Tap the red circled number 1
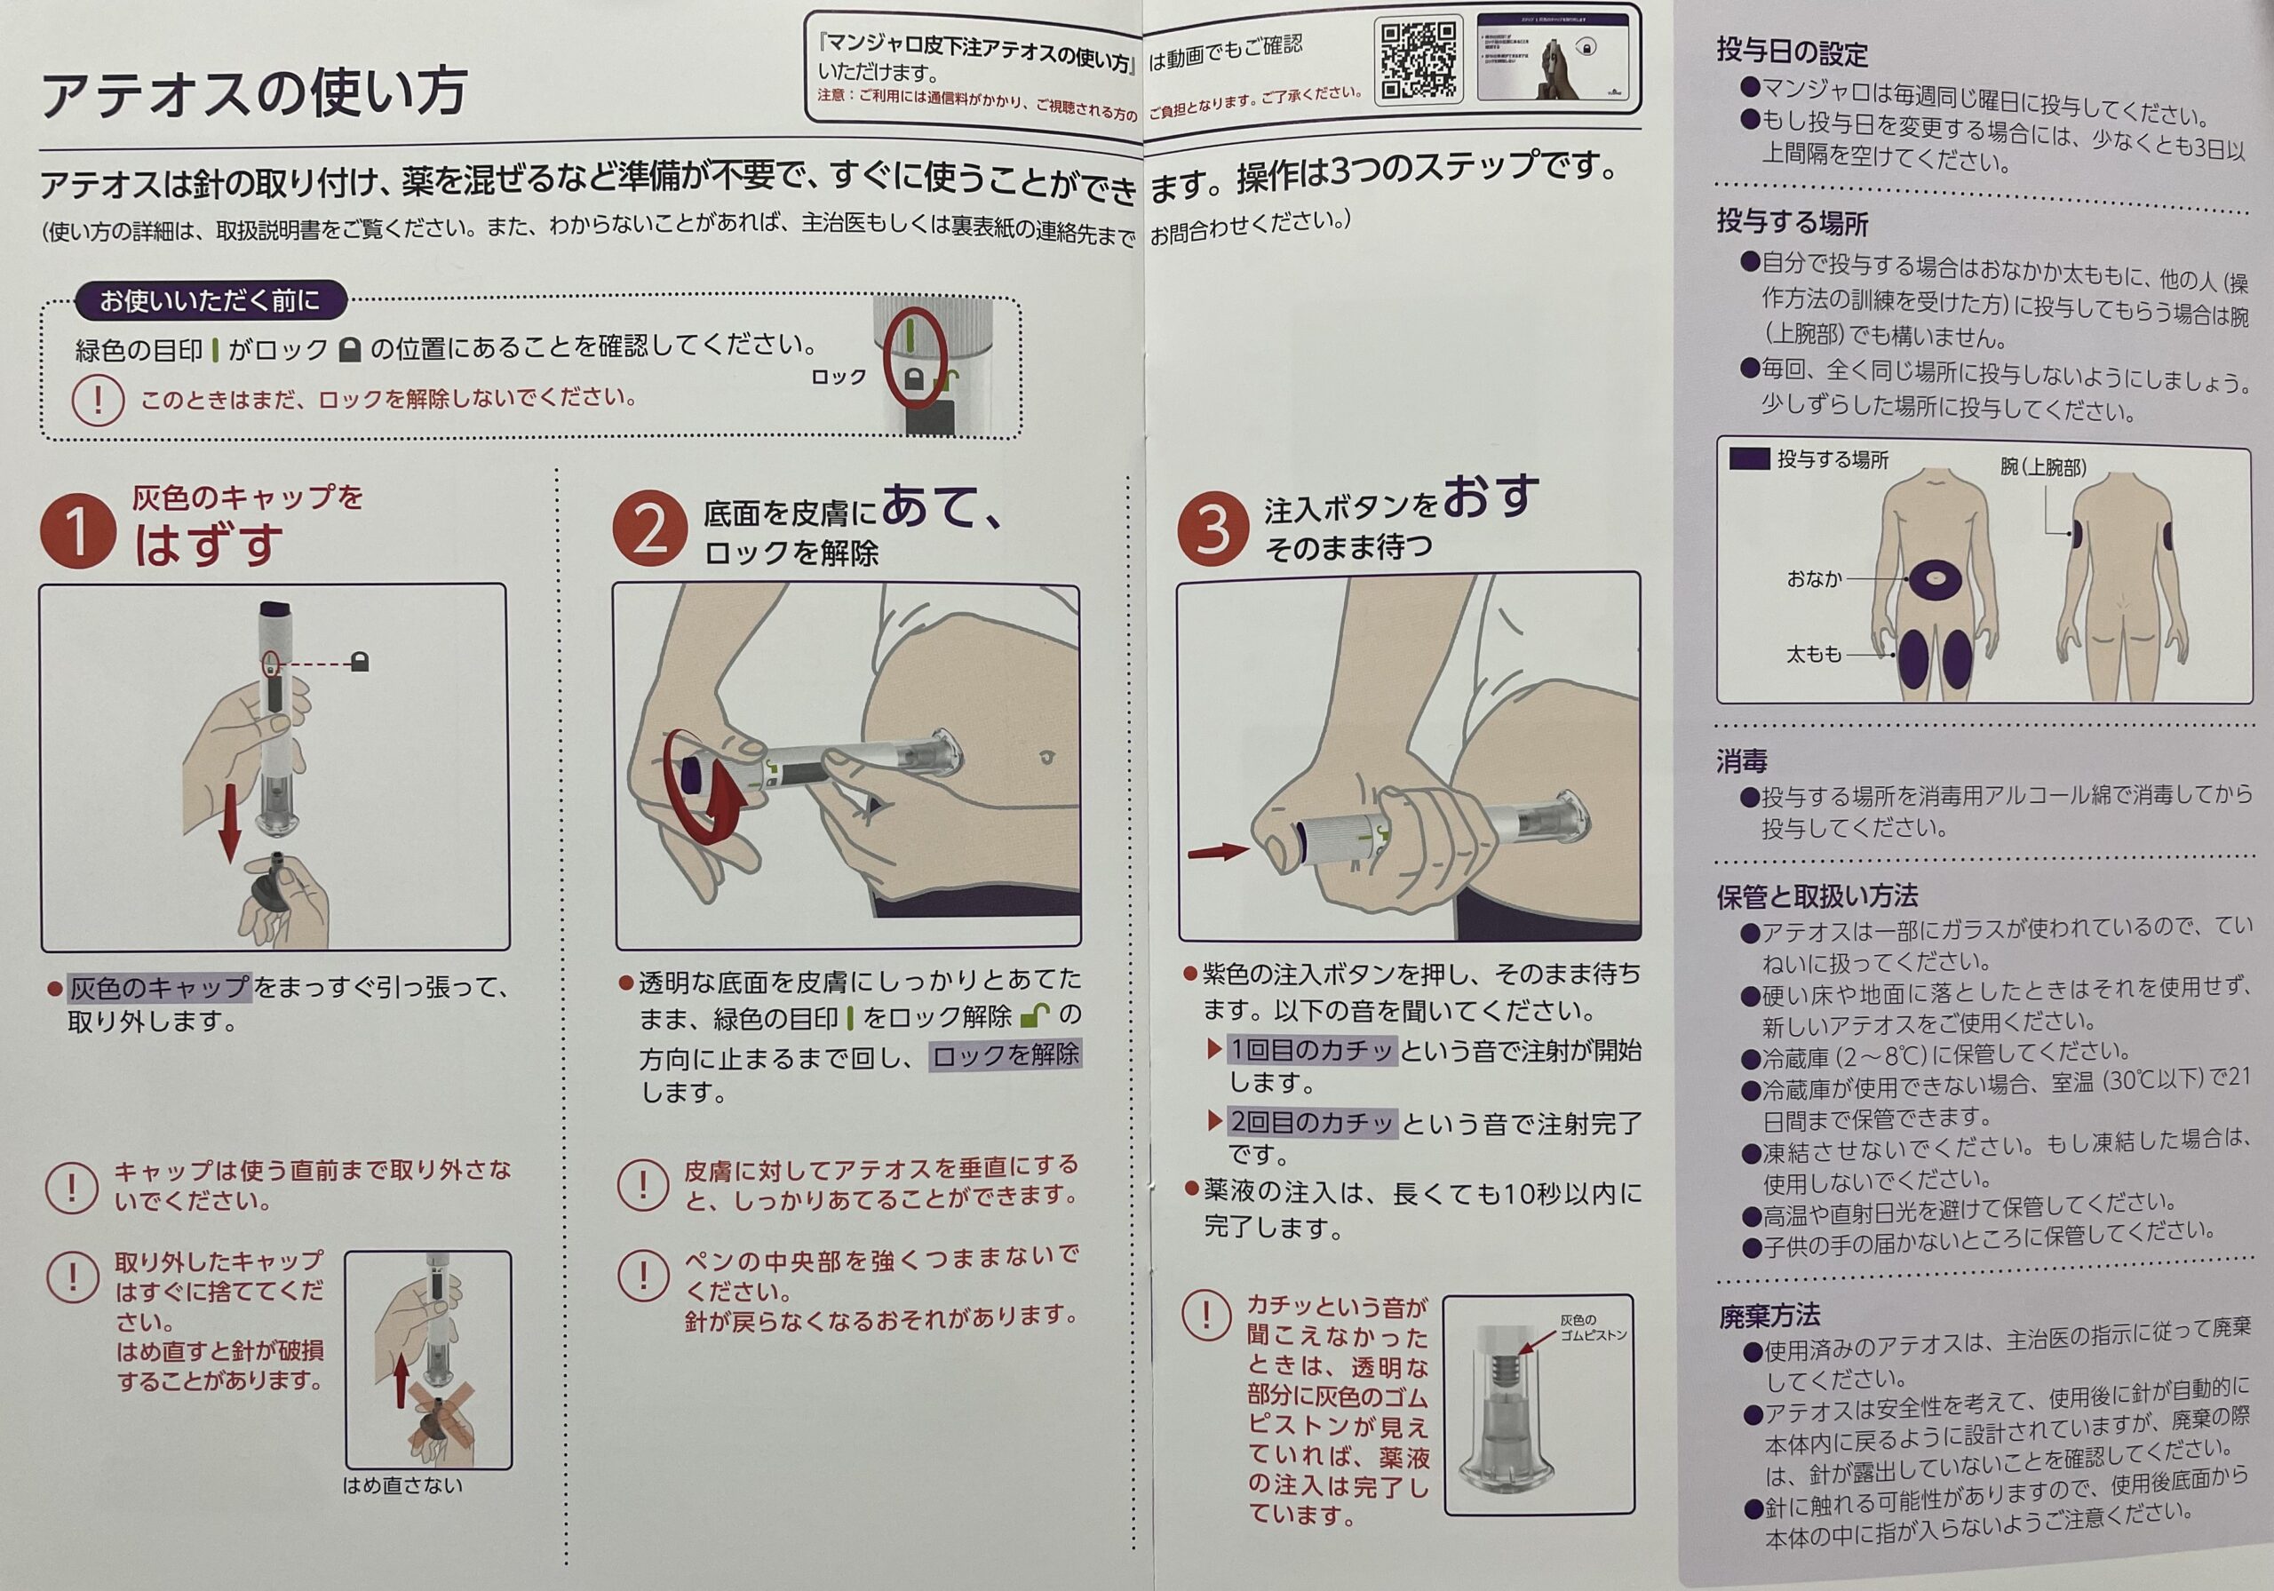click(x=77, y=531)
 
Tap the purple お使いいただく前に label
click(x=210, y=300)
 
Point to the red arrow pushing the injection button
click(x=1218, y=851)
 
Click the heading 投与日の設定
click(x=1793, y=52)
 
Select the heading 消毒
click(x=1741, y=760)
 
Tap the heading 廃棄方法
click(x=1769, y=1316)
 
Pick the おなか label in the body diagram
click(x=1815, y=579)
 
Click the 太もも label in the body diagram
click(x=1815, y=654)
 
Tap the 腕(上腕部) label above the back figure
click(x=2043, y=466)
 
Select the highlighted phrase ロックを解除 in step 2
click(x=1006, y=1055)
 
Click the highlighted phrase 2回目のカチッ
click(x=1311, y=1123)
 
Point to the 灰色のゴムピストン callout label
click(x=1593, y=1327)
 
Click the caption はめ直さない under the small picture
click(x=402, y=1485)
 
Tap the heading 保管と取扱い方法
click(x=1817, y=895)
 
